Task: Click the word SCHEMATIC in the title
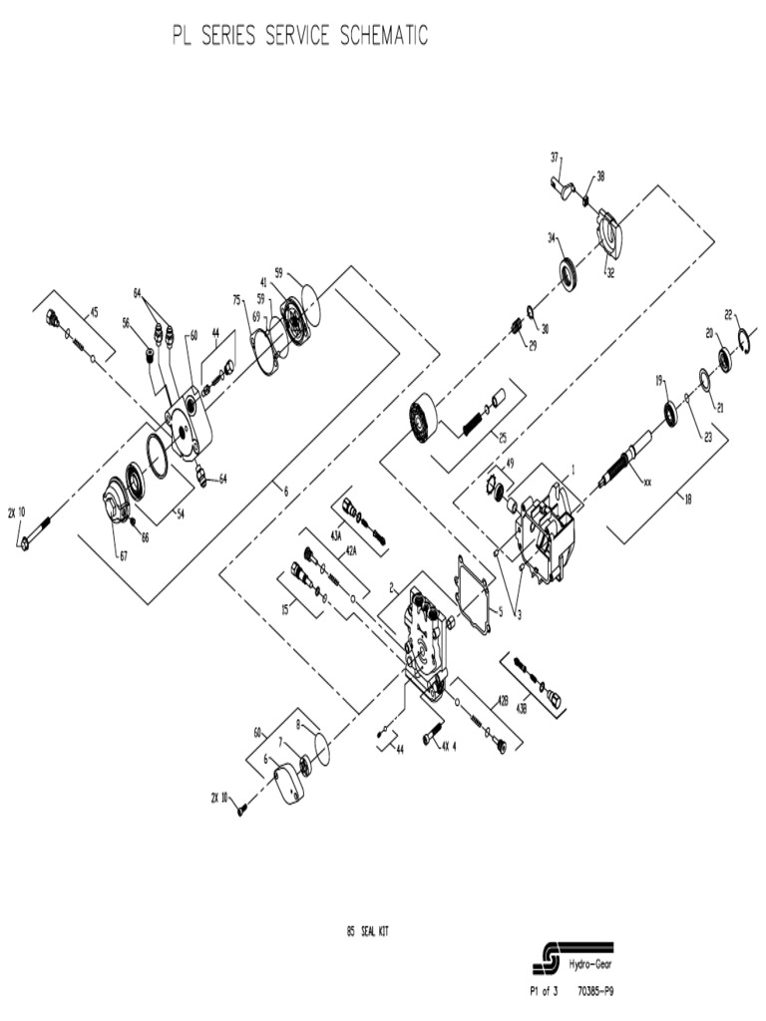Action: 384,37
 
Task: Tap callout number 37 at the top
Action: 556,157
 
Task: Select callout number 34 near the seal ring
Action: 551,237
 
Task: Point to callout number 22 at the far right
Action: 729,315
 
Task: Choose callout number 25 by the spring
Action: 503,437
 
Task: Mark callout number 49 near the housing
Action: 509,464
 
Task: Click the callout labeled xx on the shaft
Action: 647,482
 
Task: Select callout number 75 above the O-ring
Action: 236,299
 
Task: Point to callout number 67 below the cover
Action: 124,556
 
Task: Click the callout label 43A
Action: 336,535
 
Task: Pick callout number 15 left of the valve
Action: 285,609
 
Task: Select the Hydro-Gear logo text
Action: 590,964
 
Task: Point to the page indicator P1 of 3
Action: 543,991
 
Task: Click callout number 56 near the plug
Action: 127,322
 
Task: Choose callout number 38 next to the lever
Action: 600,176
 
